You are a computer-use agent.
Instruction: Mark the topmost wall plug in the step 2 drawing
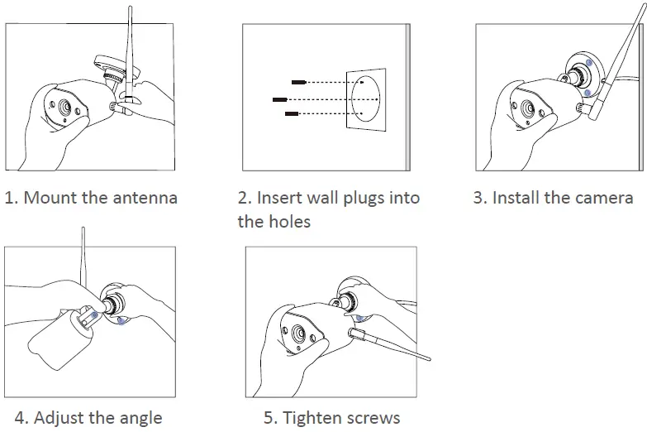[299, 82]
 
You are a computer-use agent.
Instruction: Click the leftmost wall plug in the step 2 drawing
[281, 98]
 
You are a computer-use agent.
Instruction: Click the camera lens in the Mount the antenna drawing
[62, 108]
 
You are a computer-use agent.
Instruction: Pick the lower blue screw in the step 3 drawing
[587, 94]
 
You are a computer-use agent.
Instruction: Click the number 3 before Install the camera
[479, 199]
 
